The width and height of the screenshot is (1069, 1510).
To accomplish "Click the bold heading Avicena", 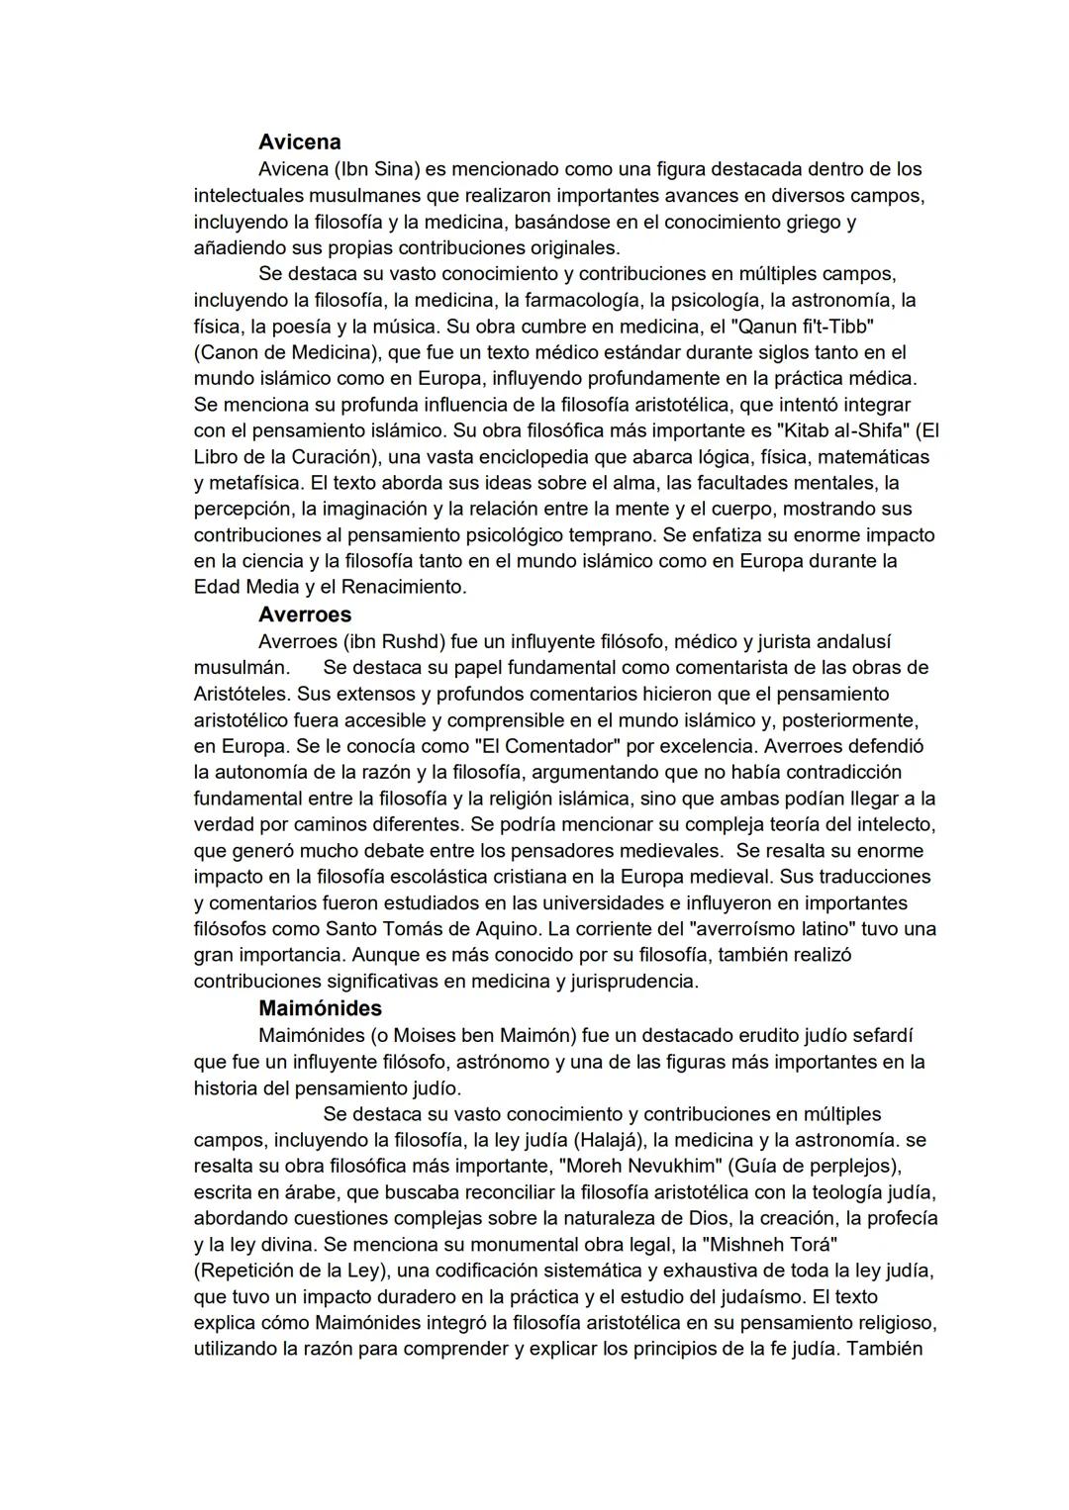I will coord(299,142).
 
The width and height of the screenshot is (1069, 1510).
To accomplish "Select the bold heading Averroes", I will coord(304,614).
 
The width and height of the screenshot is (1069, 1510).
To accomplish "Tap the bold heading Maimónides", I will coord(320,1008).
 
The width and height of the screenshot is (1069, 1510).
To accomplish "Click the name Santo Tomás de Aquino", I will coord(433,929).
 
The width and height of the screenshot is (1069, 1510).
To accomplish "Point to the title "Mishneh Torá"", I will coord(770,1244).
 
